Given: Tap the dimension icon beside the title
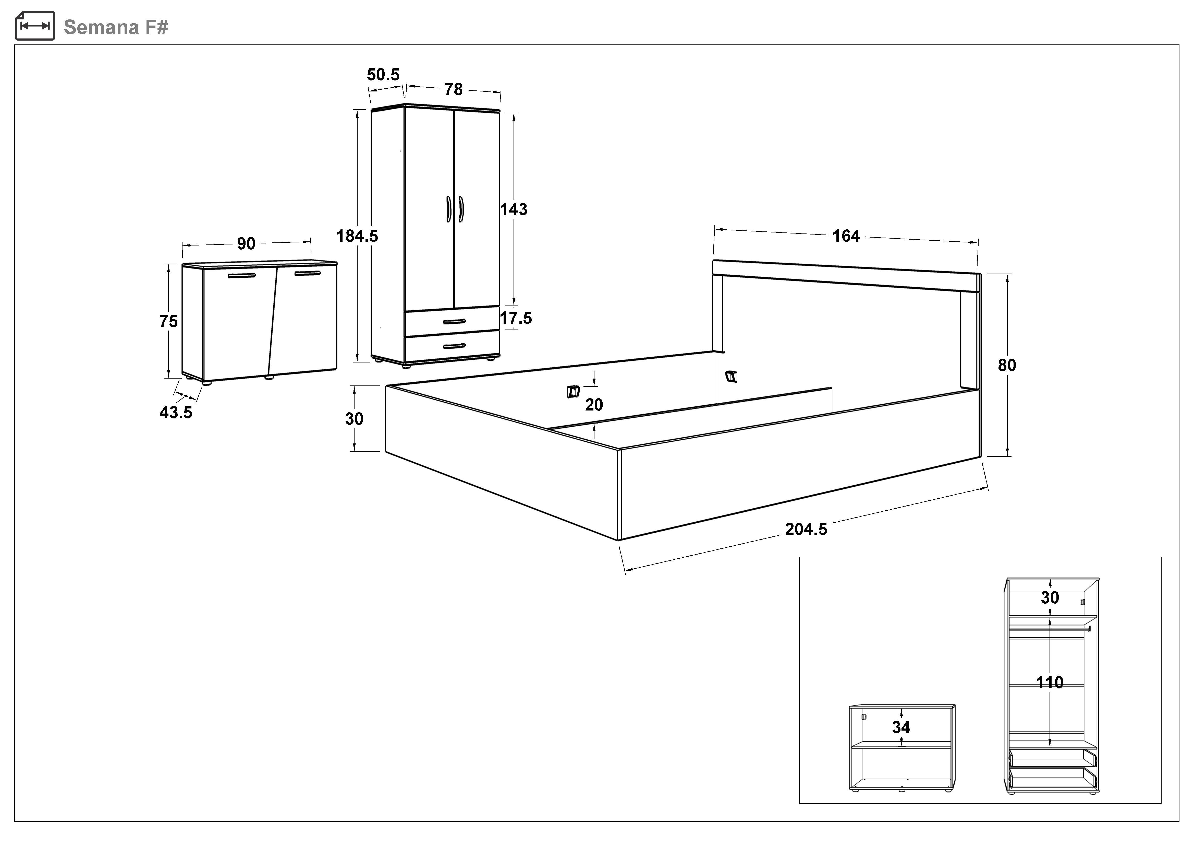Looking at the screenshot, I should [35, 26].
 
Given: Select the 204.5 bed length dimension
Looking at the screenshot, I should [806, 529].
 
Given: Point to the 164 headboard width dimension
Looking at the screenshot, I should [846, 236].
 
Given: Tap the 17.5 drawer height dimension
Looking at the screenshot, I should [516, 318].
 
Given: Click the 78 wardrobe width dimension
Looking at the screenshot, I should [453, 89].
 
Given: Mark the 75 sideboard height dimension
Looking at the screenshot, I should [168, 322].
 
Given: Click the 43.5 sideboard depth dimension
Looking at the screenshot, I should [176, 413].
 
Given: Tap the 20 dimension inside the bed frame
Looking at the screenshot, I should [594, 405].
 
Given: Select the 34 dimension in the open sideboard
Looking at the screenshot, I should [901, 727].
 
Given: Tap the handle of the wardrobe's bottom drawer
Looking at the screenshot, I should [454, 346].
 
